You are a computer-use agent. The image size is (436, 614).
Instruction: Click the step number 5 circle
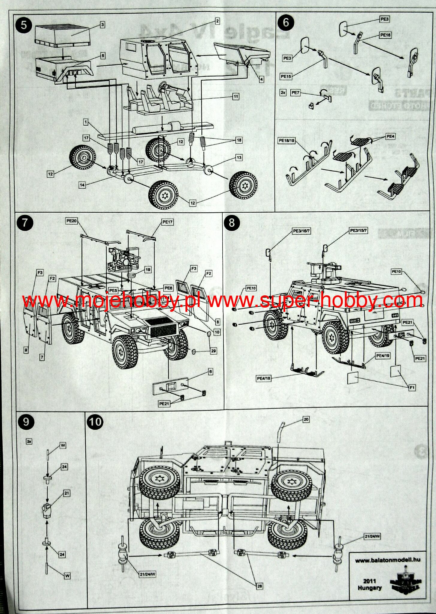coord(24,25)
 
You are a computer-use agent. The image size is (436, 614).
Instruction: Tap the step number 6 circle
coord(286,22)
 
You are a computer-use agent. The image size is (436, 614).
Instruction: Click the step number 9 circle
coord(26,422)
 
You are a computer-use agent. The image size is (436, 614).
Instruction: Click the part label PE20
coord(72,221)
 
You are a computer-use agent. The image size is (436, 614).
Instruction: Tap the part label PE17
coord(168,222)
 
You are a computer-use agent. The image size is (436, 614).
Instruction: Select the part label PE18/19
coord(287,140)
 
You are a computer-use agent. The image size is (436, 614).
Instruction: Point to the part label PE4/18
coord(264,378)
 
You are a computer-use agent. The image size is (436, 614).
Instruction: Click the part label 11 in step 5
coord(236,96)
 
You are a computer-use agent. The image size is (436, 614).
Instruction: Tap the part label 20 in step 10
coord(306,419)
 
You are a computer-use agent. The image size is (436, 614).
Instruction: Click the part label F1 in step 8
coord(412,388)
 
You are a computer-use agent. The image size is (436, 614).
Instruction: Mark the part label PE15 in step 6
coord(286,76)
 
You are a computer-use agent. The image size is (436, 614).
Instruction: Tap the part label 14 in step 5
coord(82,185)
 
